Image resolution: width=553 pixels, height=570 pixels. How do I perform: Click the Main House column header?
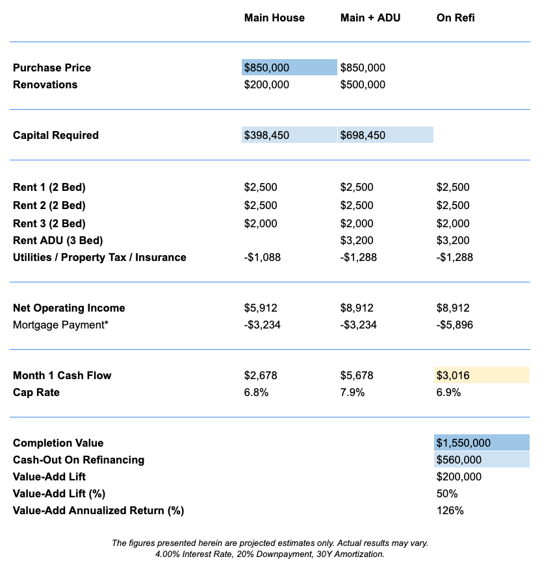pos(274,18)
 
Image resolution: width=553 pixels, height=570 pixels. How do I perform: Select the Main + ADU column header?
pos(370,18)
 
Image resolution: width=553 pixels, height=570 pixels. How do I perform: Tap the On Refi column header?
pos(456,18)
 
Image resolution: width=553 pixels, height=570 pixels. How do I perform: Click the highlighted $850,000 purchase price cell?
pos(289,68)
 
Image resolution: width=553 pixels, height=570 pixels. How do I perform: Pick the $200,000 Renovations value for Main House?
pos(266,84)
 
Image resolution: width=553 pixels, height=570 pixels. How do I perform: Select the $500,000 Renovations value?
pos(363,84)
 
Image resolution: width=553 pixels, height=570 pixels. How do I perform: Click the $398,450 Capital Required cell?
pos(289,135)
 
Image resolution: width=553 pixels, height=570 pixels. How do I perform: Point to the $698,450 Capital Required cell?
pos(385,135)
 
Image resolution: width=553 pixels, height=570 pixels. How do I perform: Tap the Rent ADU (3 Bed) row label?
pos(58,240)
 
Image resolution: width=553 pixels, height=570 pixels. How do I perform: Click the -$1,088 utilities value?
pos(263,257)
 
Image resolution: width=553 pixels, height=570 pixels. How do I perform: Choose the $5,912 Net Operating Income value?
pos(261,308)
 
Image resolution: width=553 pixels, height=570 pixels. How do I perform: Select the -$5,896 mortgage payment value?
pos(455,325)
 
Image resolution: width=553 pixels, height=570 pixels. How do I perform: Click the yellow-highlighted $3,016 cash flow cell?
pos(481,375)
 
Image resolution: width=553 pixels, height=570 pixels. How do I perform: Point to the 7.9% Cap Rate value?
pos(352,392)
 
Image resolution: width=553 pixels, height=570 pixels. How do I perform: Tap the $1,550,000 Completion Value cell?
pos(482,443)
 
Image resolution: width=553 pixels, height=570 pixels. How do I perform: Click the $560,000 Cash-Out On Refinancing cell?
pos(482,460)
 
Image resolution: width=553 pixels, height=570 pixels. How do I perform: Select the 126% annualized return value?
pos(450,510)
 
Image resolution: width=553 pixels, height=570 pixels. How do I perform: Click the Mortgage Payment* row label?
pos(60,325)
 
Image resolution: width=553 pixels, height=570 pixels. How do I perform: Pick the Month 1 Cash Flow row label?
pos(62,375)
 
